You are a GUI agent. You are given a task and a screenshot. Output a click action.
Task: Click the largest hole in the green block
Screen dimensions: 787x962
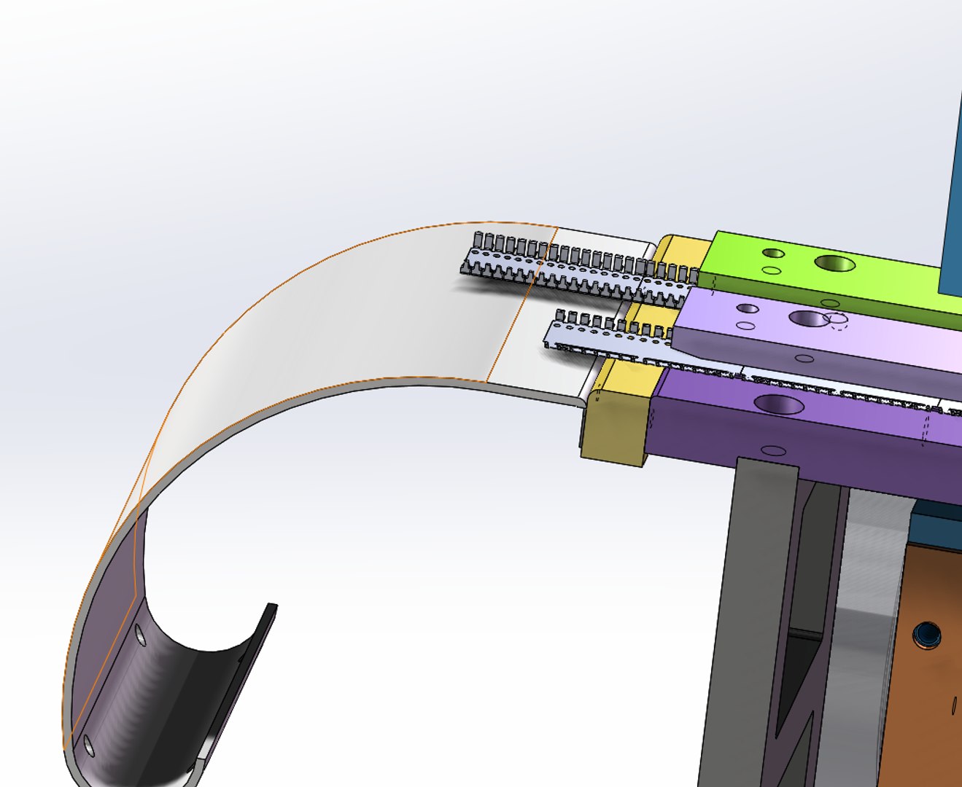[836, 263]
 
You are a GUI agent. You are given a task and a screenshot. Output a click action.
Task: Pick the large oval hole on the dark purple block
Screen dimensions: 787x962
[779, 404]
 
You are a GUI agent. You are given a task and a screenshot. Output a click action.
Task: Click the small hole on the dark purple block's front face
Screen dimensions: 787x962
[774, 451]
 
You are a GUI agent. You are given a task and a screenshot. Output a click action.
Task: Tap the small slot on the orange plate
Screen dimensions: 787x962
[955, 704]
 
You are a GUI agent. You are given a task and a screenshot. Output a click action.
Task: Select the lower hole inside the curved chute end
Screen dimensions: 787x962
[89, 745]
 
